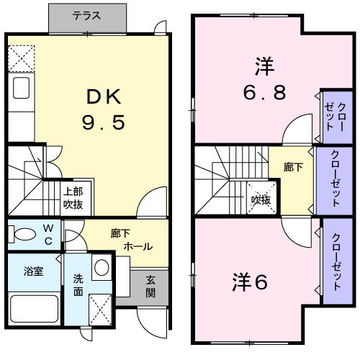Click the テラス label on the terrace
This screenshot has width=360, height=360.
(x=86, y=15)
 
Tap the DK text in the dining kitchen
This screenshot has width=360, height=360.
(x=107, y=96)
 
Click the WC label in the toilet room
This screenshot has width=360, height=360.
(x=48, y=234)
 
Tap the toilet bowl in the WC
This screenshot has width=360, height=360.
(x=23, y=234)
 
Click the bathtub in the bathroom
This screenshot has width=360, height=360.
(x=35, y=307)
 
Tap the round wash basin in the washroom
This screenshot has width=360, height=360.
(x=102, y=268)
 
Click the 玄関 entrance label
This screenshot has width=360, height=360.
(x=151, y=287)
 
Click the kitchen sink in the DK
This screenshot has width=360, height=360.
(x=21, y=91)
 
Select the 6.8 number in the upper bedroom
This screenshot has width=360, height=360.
(x=262, y=92)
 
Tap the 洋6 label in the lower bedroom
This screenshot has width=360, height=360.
(x=250, y=282)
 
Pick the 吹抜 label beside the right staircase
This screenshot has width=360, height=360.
(x=261, y=199)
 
